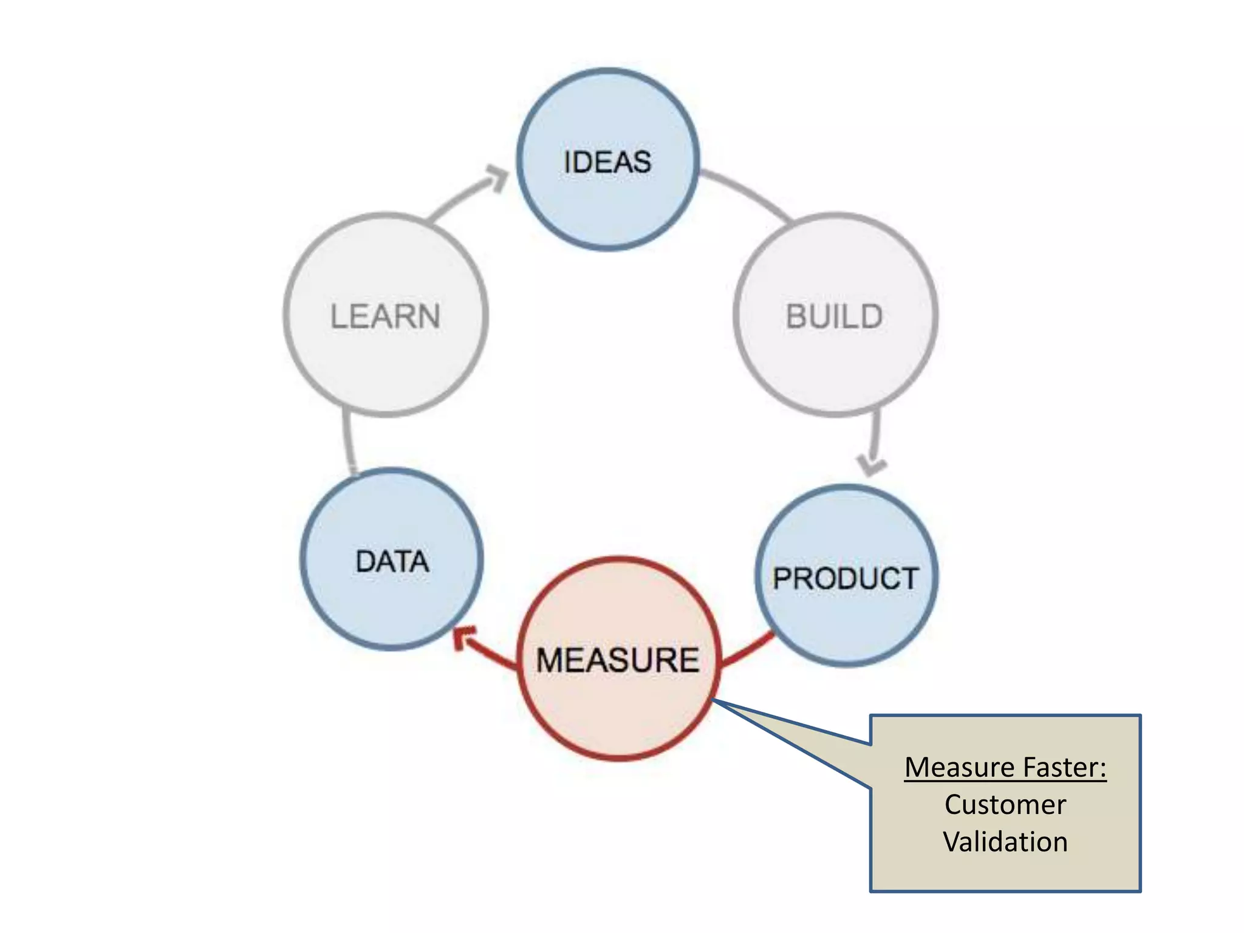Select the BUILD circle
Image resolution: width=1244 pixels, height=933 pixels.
coord(835,358)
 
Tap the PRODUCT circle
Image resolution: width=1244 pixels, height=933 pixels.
coord(846,626)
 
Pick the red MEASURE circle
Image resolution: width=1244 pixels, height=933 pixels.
coord(618,711)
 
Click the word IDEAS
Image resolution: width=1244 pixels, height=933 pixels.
coord(607,162)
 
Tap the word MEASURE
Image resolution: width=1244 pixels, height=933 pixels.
coord(618,660)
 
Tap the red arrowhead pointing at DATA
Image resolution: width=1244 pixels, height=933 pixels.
coord(465,638)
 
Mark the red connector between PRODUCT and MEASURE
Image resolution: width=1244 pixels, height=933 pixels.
coord(747,650)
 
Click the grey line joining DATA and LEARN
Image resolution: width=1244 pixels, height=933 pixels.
coord(348,440)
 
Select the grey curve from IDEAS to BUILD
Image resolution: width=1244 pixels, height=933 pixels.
coord(747,191)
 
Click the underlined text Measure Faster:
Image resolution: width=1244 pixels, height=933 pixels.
coord(1005,767)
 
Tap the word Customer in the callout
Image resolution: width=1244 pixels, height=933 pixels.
coord(1005,805)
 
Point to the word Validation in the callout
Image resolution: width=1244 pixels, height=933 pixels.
coord(1005,842)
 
